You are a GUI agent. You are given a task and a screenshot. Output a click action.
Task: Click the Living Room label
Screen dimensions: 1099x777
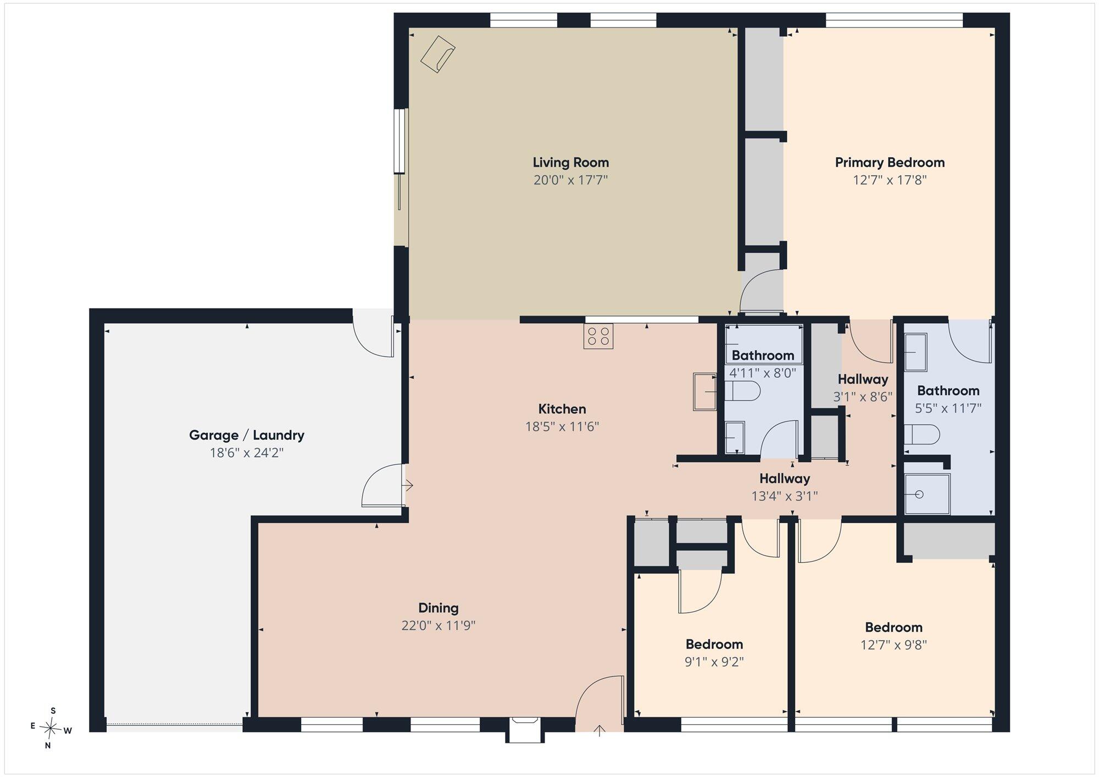[x=570, y=163]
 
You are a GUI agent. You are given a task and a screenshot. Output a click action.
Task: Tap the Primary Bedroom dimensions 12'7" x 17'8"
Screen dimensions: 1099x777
[x=890, y=180]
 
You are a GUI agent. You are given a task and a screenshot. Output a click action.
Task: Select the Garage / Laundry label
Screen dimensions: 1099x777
[x=247, y=435]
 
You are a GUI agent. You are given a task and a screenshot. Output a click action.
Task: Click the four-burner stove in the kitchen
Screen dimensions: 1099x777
[x=598, y=336]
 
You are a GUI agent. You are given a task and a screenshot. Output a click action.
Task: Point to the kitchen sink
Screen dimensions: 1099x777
[x=705, y=391]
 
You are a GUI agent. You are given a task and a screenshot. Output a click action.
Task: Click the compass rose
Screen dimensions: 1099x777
[x=51, y=729]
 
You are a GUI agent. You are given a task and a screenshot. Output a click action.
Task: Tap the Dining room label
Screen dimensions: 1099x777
[x=439, y=608]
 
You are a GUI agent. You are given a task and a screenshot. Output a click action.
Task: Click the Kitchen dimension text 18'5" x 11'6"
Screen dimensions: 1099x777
[x=562, y=426]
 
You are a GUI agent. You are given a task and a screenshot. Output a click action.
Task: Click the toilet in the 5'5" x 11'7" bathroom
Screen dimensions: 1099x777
[x=922, y=435]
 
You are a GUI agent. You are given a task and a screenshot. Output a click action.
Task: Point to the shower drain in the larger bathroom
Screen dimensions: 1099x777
[x=919, y=495]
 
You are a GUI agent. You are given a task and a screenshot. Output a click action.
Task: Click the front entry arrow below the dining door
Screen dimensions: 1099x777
[x=599, y=730]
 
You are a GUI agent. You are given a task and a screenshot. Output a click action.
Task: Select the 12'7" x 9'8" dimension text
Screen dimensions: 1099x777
[x=893, y=645]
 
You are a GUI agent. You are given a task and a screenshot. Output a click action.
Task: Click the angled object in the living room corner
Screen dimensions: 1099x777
[x=438, y=54]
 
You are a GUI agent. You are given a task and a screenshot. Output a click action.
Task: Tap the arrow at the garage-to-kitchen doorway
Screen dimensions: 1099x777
[x=408, y=486]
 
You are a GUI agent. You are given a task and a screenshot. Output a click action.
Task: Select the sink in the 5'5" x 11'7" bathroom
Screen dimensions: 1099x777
[x=915, y=353]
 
